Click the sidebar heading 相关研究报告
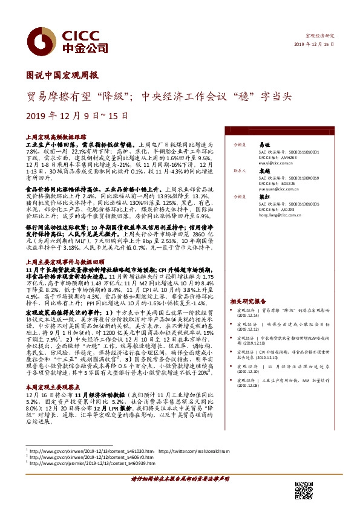(x=248, y=300)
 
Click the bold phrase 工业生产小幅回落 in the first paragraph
(x=46, y=145)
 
